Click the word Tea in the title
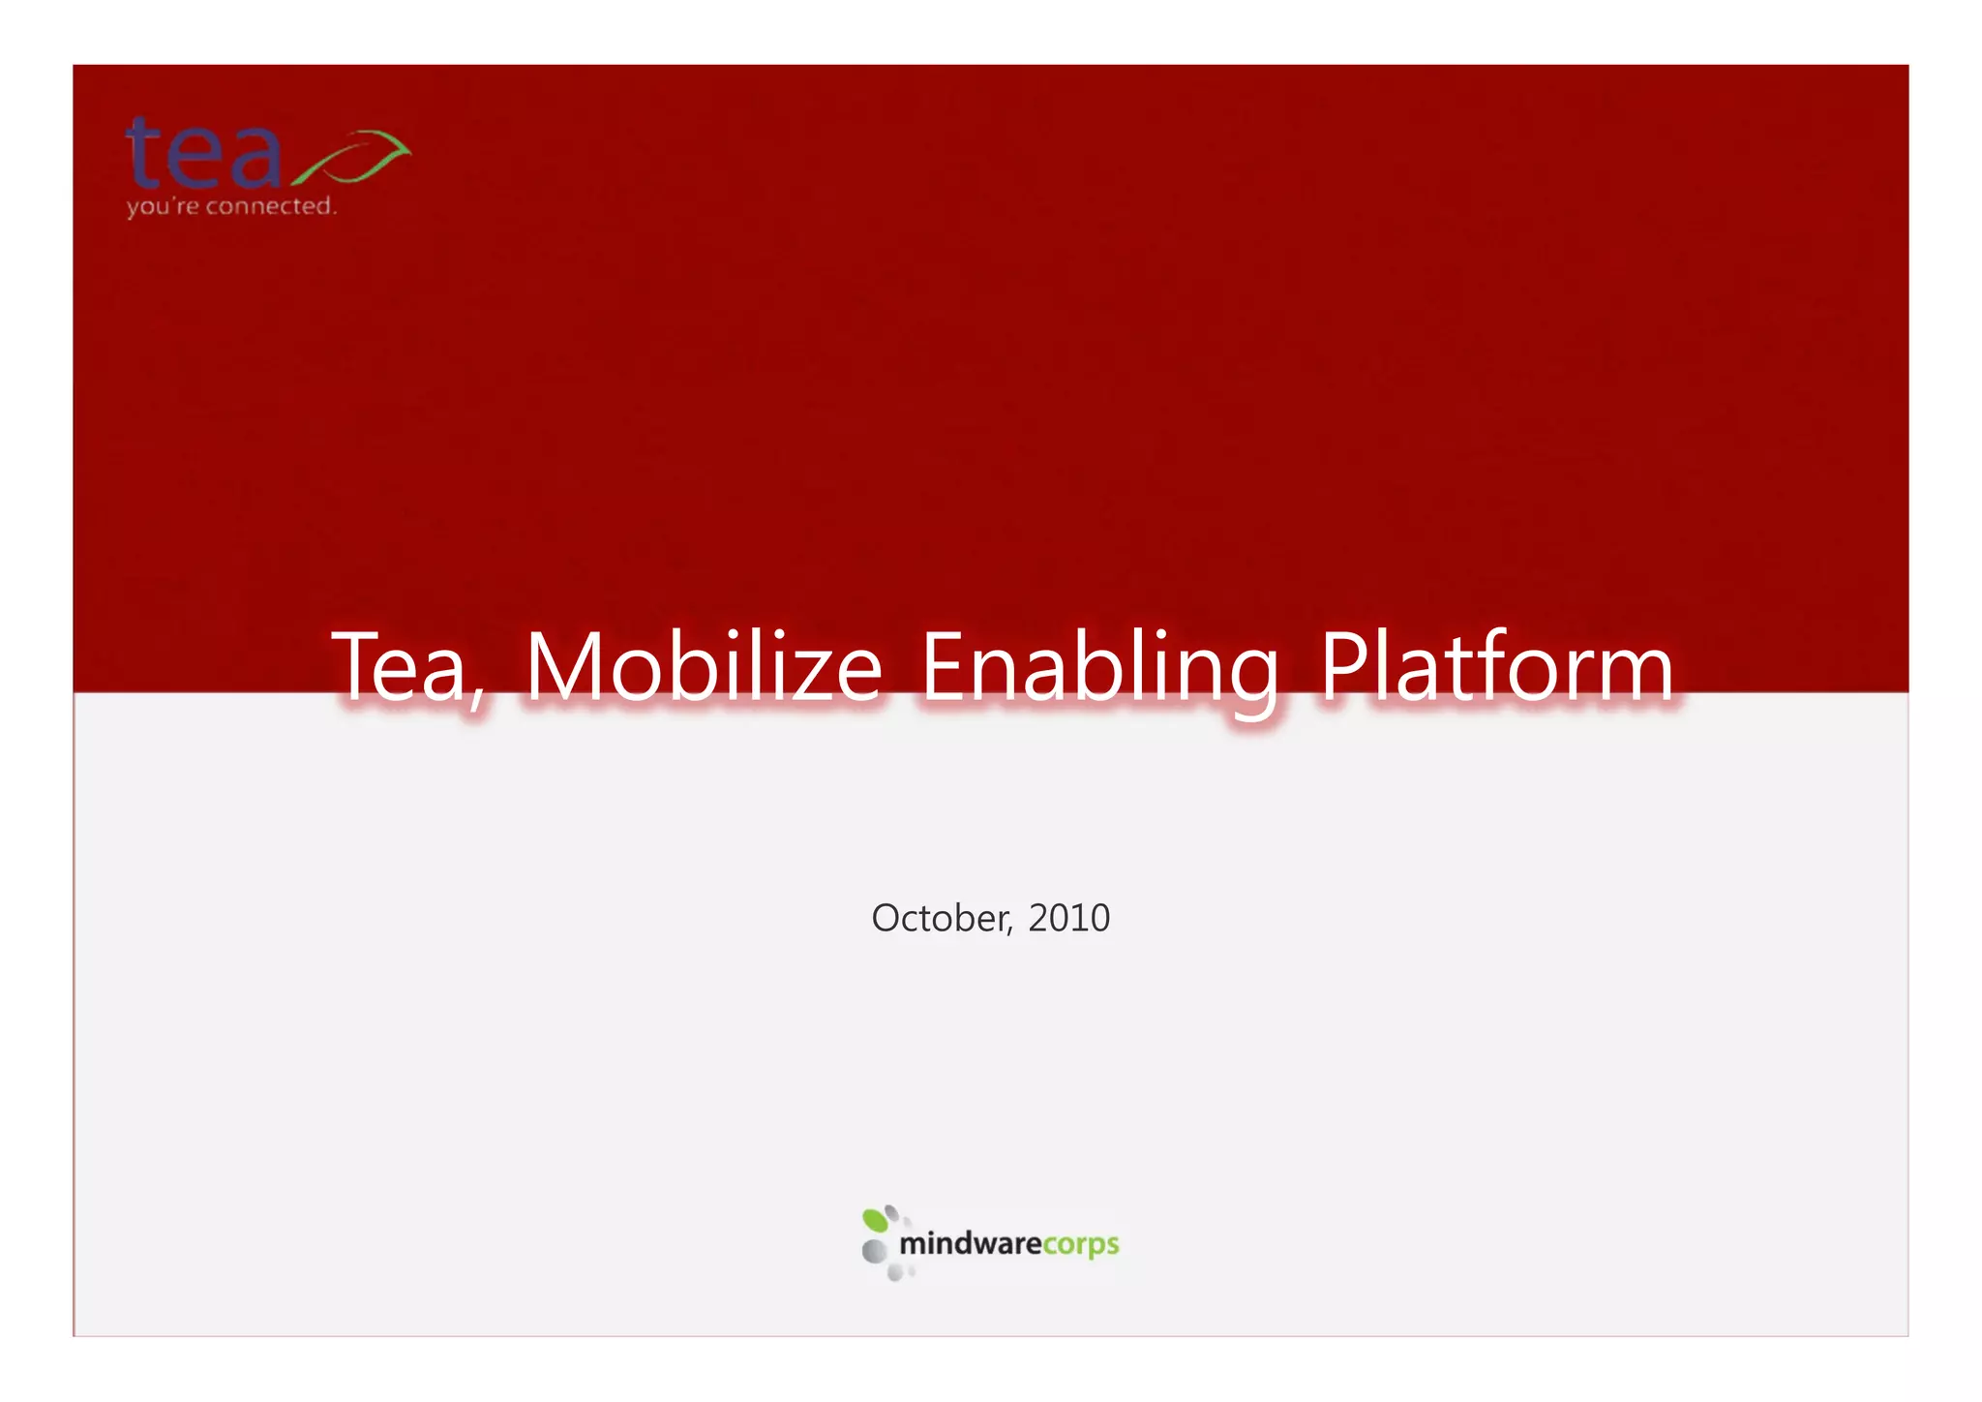point(402,668)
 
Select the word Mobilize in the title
point(704,668)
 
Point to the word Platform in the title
point(1496,668)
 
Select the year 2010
point(1068,918)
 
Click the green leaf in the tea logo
point(353,157)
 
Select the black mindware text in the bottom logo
point(971,1243)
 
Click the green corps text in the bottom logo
point(1081,1244)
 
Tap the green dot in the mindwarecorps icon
point(875,1220)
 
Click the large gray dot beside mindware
point(874,1251)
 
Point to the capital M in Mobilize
point(558,668)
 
